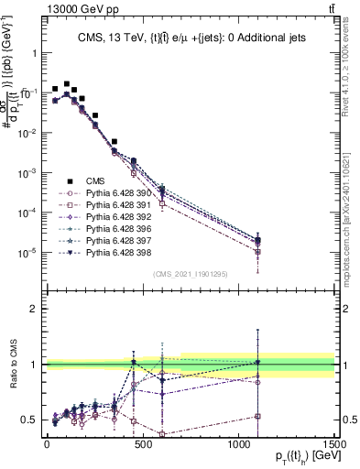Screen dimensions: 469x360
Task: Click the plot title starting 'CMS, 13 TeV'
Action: coord(191,38)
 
